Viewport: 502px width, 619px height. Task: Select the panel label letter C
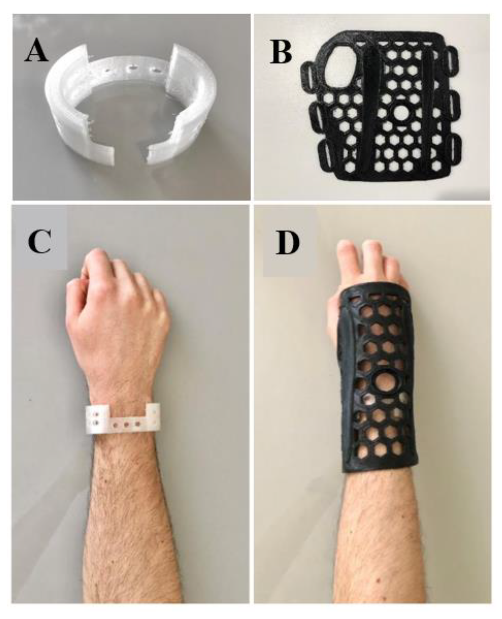(x=40, y=241)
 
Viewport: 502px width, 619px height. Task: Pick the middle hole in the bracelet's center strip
(x=126, y=425)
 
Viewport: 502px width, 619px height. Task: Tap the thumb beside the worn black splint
(x=334, y=320)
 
